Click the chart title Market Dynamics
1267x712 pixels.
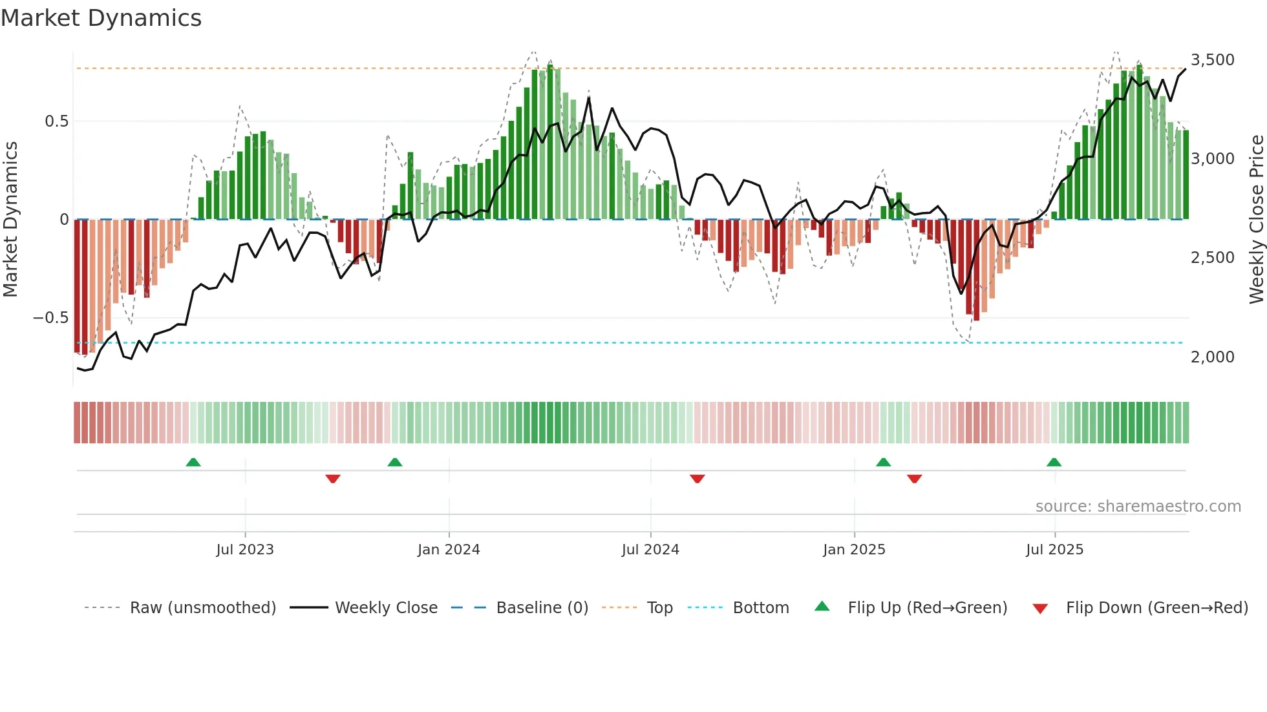(101, 18)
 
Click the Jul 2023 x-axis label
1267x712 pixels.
(245, 550)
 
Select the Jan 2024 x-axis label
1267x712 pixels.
(449, 550)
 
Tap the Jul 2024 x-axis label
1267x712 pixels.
(650, 550)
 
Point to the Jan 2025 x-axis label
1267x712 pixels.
(854, 550)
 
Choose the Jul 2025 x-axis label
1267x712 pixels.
(1054, 550)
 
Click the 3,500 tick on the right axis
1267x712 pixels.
(1212, 60)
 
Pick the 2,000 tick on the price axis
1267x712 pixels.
(1212, 357)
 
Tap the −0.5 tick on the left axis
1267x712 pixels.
(50, 318)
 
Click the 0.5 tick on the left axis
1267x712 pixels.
(56, 121)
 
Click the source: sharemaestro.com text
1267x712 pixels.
(1138, 507)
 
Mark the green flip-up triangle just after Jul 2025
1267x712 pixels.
(1054, 463)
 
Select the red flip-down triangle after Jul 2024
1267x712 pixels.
(697, 479)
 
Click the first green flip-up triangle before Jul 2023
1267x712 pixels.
(193, 463)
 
